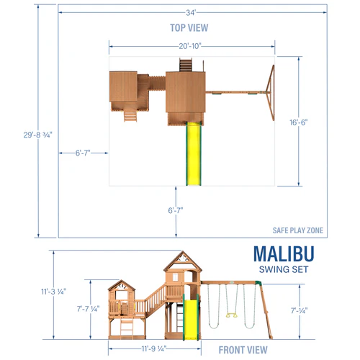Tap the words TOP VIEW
click(189, 28)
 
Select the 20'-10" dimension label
click(191, 45)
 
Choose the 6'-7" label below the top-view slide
click(176, 210)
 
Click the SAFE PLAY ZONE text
click(298, 230)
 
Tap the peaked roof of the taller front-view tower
click(180, 261)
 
